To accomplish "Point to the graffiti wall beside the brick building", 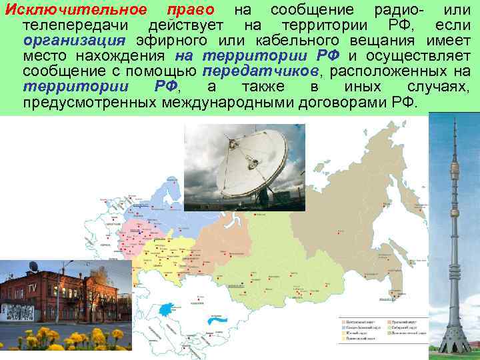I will tap(16, 312).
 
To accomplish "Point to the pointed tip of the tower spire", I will tap(454, 115).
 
